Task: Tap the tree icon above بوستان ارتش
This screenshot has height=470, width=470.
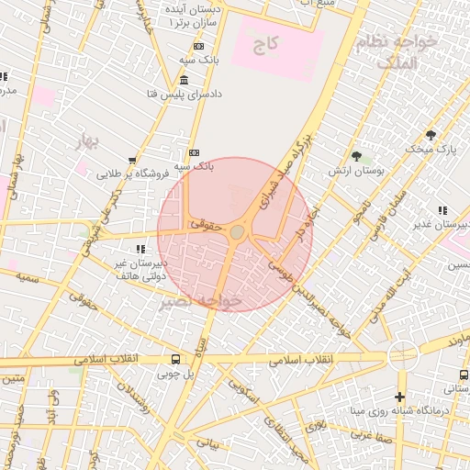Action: pos(356,156)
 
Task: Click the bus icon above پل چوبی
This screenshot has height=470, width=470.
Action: pos(175,359)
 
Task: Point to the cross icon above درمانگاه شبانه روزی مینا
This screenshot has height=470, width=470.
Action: pos(398,397)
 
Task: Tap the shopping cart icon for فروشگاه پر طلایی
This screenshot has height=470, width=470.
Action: pos(134,160)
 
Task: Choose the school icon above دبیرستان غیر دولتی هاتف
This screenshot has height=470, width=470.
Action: pos(140,249)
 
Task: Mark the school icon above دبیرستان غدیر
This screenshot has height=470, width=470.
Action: pos(443,210)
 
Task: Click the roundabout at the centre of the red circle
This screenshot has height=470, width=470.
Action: pos(237,233)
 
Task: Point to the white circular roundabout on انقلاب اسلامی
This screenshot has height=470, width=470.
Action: pos(403,356)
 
